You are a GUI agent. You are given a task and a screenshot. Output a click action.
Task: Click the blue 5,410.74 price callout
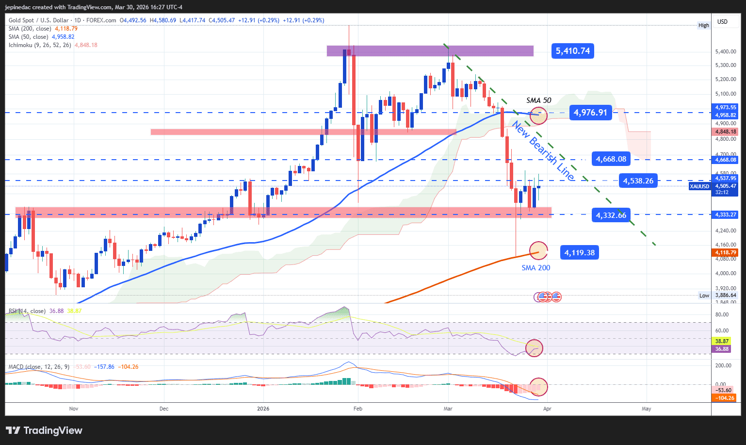point(573,51)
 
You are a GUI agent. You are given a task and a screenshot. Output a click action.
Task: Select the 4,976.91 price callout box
point(590,113)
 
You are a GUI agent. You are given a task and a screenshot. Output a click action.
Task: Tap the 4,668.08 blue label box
point(611,159)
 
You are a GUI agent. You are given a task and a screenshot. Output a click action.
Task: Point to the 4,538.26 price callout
point(638,181)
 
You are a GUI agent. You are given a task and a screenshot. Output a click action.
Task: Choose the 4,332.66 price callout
point(611,215)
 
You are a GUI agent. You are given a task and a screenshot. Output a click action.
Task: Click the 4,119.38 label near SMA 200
point(579,252)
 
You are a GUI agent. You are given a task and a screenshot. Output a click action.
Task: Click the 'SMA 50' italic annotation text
point(539,100)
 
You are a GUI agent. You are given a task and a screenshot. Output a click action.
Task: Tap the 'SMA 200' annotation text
point(535,268)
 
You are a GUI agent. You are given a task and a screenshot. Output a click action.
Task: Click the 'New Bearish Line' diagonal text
point(544,151)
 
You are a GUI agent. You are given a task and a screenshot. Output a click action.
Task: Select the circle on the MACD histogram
point(538,387)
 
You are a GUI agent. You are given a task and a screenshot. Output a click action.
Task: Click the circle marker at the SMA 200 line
point(538,251)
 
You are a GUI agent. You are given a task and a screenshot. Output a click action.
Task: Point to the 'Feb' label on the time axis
point(358,409)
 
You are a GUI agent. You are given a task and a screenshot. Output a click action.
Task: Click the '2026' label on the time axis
point(263,409)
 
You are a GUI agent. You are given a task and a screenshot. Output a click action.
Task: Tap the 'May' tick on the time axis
point(646,409)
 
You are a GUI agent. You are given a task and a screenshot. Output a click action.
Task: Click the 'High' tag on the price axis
point(703,25)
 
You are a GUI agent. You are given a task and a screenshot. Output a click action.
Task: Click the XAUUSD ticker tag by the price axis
point(699,186)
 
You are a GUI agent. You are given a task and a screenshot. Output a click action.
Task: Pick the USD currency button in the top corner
point(723,21)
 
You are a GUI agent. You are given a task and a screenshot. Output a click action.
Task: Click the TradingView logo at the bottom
point(44,430)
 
